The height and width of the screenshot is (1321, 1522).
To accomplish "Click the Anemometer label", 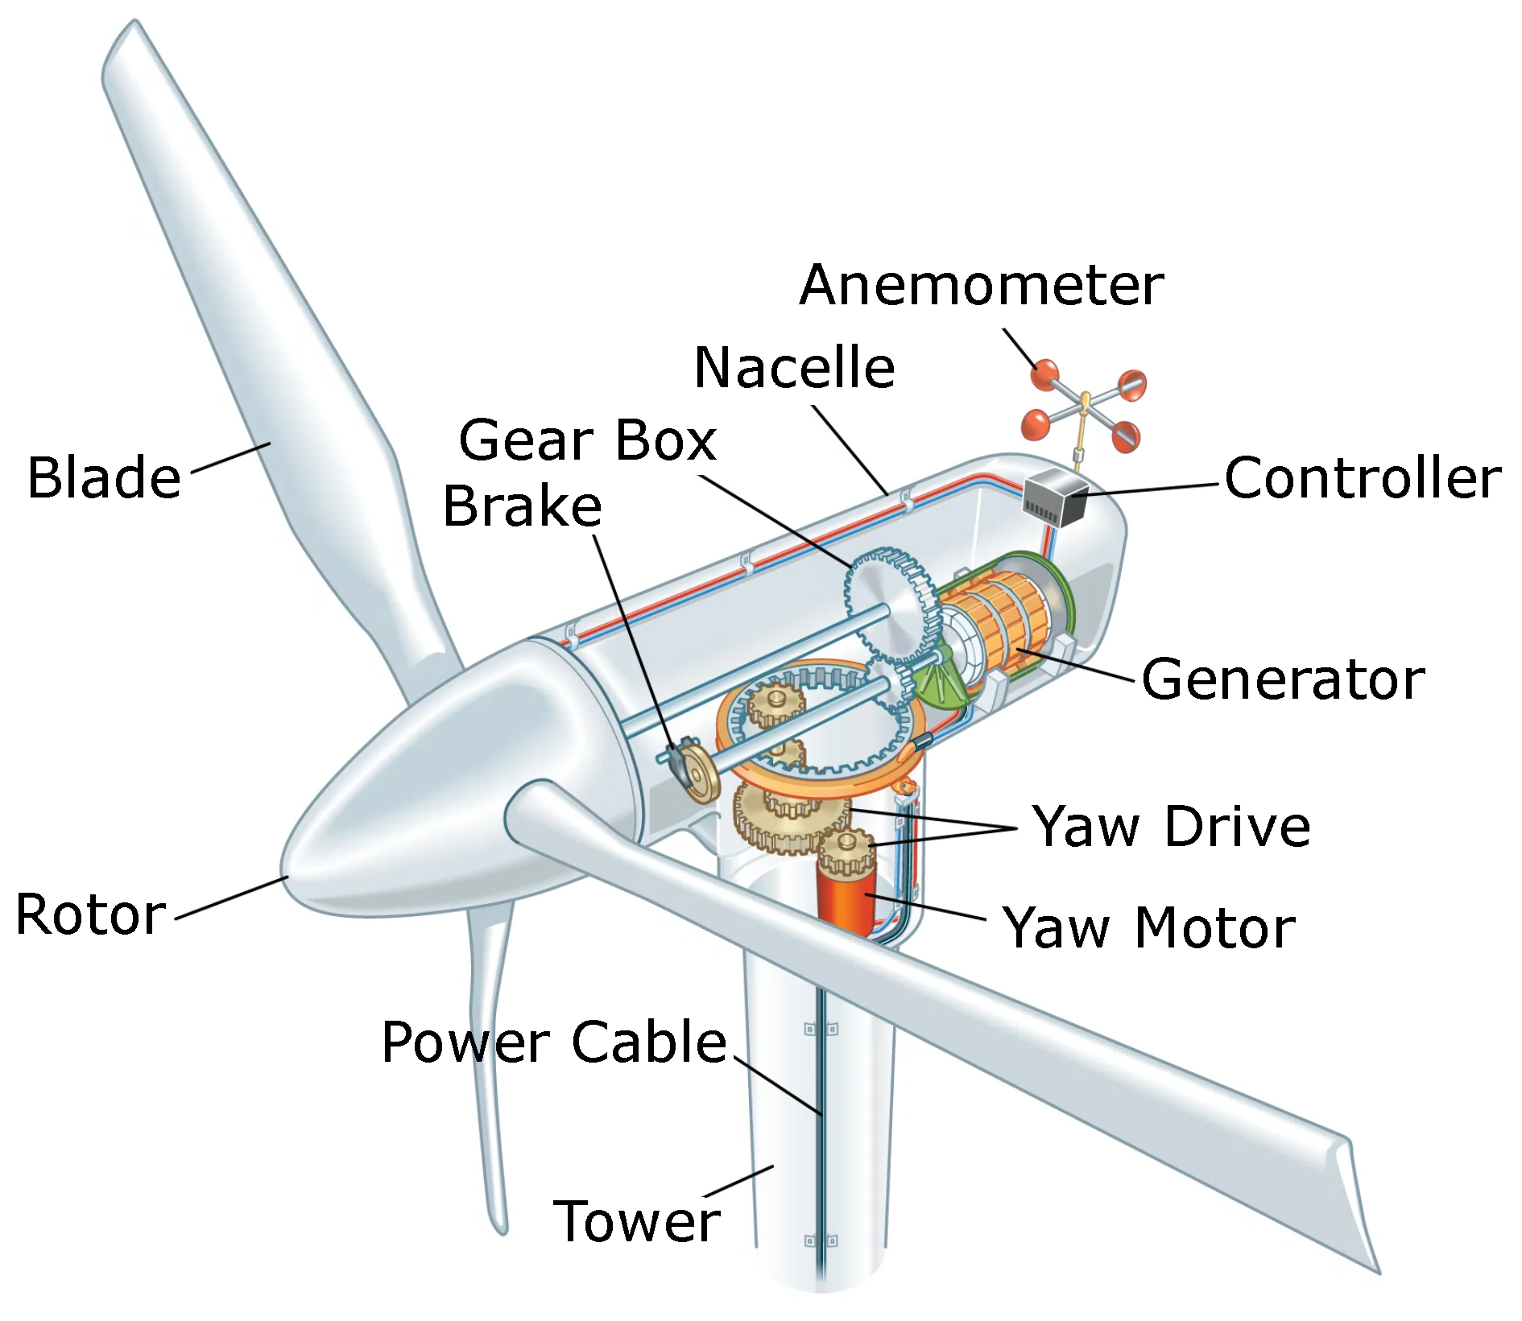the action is tap(981, 285).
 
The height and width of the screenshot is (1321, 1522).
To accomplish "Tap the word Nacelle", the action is tap(794, 368).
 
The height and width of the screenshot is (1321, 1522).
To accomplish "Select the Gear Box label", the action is tap(587, 440).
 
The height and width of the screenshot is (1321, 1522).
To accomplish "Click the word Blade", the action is tap(104, 477).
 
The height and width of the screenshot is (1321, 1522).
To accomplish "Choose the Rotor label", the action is tap(90, 914).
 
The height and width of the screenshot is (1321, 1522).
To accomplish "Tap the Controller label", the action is tap(1362, 478).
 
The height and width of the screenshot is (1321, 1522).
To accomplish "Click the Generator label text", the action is tap(1283, 679).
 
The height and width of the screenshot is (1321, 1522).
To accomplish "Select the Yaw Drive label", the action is tap(1172, 826).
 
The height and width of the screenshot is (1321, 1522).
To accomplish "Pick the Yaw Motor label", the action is tap(1148, 927).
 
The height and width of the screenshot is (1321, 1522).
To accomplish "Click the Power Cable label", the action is tap(554, 1042).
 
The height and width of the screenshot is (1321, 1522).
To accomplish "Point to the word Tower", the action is tap(636, 1221).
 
